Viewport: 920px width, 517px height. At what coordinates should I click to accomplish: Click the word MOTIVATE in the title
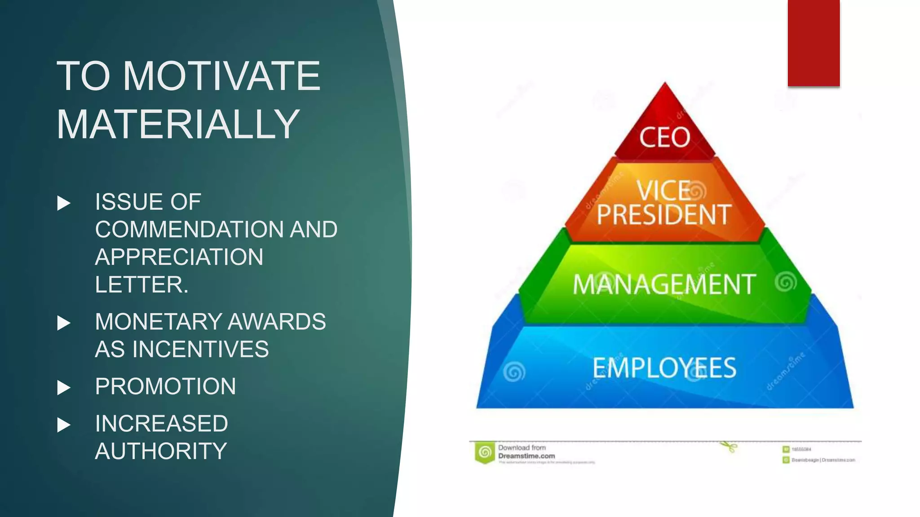coord(221,76)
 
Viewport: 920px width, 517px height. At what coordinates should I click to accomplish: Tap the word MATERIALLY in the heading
coord(178,124)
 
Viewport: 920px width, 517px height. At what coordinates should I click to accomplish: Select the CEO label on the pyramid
coord(665,137)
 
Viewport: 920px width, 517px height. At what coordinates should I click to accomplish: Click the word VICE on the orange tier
coord(663,190)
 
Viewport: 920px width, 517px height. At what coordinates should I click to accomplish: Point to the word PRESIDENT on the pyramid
coord(664,215)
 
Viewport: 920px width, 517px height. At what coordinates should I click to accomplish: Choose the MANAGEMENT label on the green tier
coord(664,285)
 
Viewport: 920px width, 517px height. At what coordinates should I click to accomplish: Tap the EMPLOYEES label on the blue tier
coord(664,368)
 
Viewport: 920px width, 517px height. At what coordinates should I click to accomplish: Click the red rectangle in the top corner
coord(814,43)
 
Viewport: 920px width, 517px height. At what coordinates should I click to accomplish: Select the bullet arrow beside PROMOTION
coord(64,387)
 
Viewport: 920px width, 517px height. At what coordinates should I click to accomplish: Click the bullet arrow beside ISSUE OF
coord(64,203)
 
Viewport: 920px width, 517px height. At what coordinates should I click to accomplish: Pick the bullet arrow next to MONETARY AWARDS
coord(64,323)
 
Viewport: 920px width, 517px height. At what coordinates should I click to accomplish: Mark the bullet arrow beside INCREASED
coord(64,425)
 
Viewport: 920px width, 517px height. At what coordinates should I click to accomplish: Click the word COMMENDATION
coord(189,230)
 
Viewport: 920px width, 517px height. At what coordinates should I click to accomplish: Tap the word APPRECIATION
coord(179,257)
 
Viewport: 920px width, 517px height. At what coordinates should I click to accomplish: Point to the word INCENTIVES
coord(200,349)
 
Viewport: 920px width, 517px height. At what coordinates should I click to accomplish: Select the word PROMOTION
coord(165,386)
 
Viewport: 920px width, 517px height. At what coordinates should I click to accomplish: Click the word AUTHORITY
coord(161,451)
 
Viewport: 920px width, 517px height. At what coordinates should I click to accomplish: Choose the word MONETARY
coord(158,322)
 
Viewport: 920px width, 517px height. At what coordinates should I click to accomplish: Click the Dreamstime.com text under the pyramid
coord(526,456)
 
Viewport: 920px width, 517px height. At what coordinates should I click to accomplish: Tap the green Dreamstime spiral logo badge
coord(485,452)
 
